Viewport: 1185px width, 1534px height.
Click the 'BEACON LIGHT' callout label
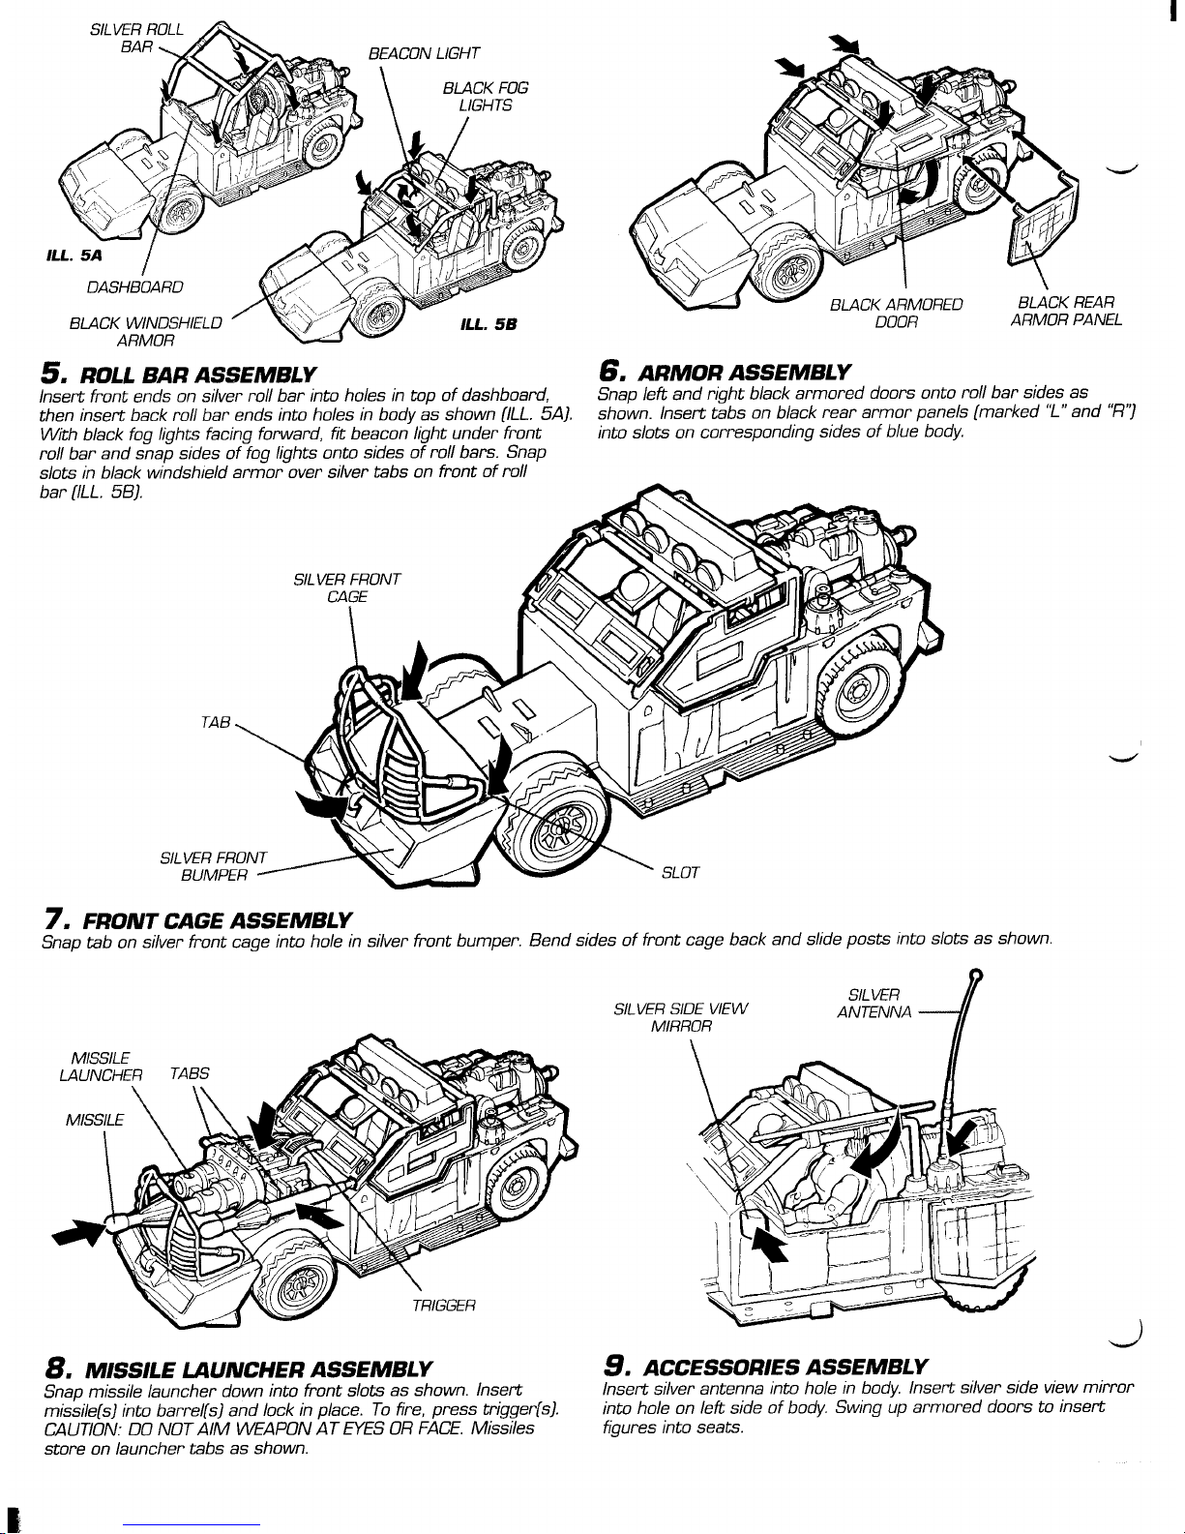(424, 53)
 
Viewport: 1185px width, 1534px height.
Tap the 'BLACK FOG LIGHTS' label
(486, 97)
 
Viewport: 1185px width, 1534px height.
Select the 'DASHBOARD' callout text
(134, 287)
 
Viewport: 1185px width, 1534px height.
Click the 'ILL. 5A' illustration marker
(74, 256)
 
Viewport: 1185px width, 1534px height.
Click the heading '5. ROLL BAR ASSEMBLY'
(178, 374)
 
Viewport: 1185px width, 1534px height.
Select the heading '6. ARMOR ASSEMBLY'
(725, 372)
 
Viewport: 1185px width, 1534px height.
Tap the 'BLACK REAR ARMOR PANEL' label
(1066, 312)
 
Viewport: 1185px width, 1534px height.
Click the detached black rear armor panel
(1043, 219)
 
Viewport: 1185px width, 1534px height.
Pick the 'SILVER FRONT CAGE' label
(347, 588)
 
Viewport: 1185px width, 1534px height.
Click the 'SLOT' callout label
(680, 873)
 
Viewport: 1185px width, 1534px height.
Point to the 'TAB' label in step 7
(216, 723)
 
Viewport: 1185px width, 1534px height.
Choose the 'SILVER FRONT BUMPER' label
(213, 867)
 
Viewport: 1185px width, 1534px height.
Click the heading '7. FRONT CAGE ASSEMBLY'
(196, 920)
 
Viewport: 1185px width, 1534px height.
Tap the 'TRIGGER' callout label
(444, 1306)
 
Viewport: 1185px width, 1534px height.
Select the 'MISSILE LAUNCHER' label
(101, 1067)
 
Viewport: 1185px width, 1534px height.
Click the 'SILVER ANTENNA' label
(874, 1003)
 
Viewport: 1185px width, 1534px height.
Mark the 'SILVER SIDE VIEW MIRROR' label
(681, 1017)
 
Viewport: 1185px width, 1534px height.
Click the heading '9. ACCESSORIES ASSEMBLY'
(765, 1367)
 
